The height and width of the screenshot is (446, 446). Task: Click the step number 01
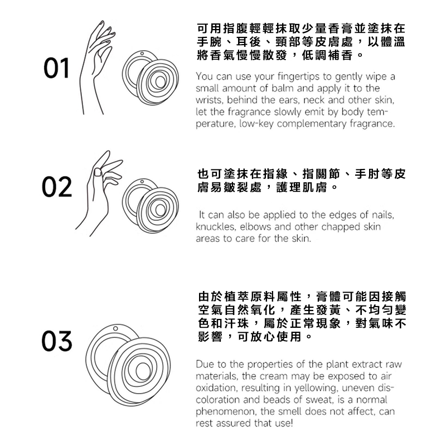[x=56, y=68]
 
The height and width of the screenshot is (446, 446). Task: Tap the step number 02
[x=57, y=187]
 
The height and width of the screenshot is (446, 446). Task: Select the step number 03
[x=57, y=341]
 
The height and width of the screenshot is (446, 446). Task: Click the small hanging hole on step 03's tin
[x=115, y=328]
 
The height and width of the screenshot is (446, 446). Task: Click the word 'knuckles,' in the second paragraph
[x=216, y=227]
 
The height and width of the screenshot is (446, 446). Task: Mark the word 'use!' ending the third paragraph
[x=284, y=423]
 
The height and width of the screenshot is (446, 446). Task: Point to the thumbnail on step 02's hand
[x=98, y=172]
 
